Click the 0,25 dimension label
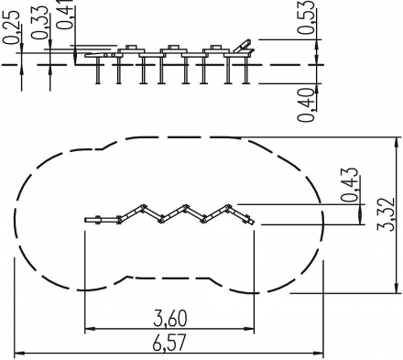[12, 27]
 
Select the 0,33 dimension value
[40, 23]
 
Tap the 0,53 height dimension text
[306, 16]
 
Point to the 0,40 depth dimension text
[306, 104]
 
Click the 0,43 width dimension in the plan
[350, 185]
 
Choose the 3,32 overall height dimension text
[386, 214]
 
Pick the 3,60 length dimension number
[169, 318]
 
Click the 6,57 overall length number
[169, 344]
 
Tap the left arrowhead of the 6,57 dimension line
[19, 354]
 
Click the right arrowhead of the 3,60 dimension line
[249, 329]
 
